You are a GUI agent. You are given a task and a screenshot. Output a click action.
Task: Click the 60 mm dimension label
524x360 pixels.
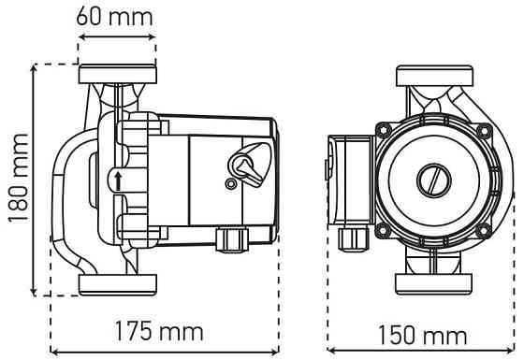click(x=114, y=17)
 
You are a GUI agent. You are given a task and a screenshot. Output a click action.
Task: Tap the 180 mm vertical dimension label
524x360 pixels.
click(x=18, y=179)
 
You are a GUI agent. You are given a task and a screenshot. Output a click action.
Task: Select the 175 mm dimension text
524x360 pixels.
click(x=159, y=331)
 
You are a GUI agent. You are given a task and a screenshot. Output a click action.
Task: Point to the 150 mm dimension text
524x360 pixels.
click(x=422, y=335)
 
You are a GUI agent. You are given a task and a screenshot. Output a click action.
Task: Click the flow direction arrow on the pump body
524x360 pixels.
click(x=118, y=182)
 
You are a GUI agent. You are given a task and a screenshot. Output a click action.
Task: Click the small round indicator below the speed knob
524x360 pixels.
click(x=230, y=183)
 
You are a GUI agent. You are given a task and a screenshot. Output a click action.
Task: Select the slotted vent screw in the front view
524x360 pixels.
click(x=434, y=180)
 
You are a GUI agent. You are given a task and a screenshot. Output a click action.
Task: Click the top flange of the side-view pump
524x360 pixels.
click(x=118, y=74)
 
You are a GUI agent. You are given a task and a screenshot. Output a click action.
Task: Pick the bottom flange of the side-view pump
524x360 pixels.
click(x=118, y=285)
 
